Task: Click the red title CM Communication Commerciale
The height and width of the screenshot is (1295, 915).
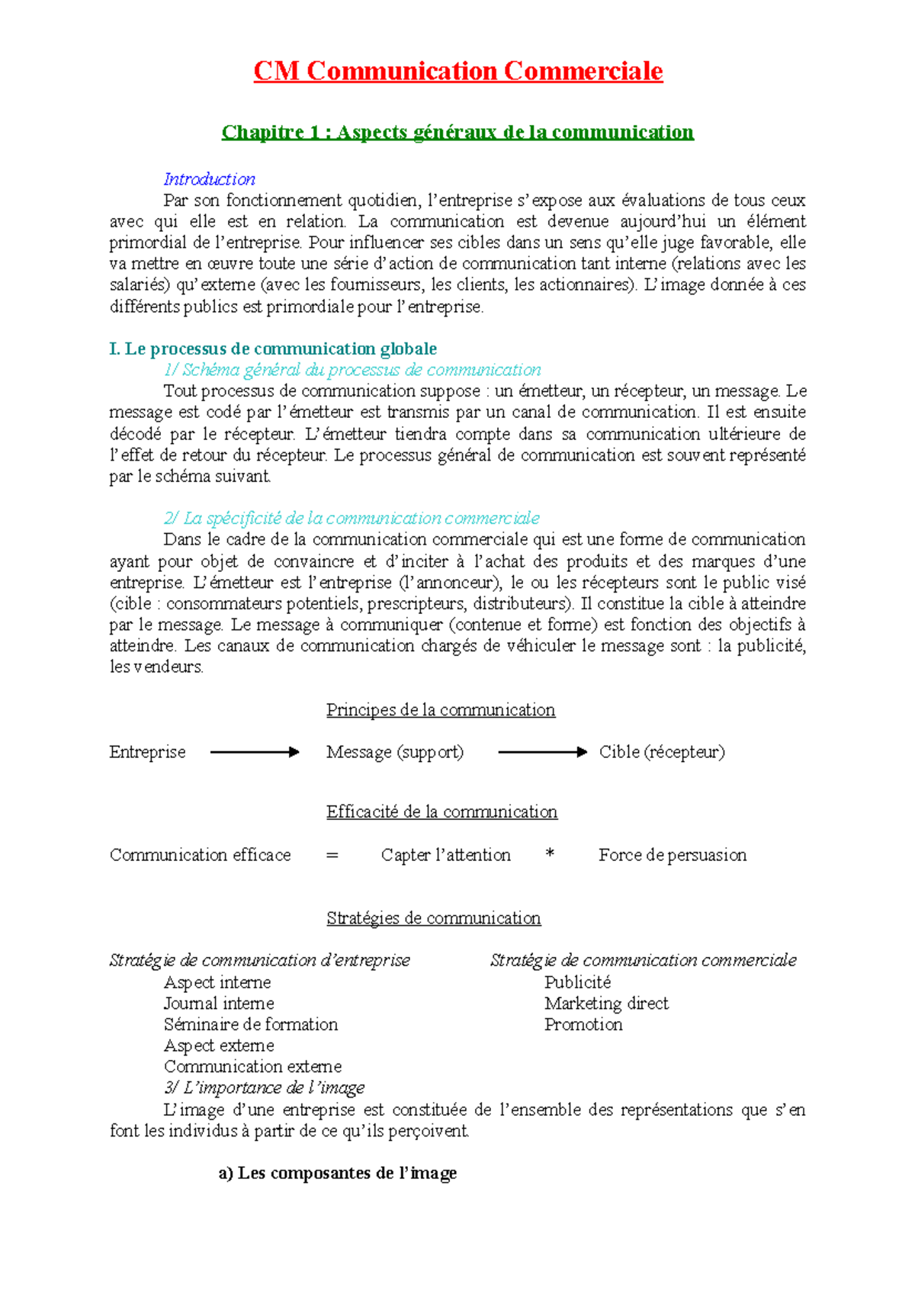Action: pyautogui.click(x=457, y=71)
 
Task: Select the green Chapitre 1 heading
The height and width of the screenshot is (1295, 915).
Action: pyautogui.click(x=457, y=132)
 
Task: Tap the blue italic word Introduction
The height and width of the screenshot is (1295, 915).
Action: pyautogui.click(x=210, y=179)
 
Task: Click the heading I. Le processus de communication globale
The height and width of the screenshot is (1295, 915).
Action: pyautogui.click(x=273, y=349)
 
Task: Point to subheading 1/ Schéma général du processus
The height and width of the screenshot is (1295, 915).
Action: pyautogui.click(x=352, y=370)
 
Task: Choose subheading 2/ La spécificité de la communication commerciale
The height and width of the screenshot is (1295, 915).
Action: pyautogui.click(x=352, y=518)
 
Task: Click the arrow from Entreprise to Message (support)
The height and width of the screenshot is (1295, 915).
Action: pyautogui.click(x=255, y=752)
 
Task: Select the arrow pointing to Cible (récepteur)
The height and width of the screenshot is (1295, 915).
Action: pyautogui.click(x=542, y=752)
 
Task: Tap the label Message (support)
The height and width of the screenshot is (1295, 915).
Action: pyautogui.click(x=395, y=752)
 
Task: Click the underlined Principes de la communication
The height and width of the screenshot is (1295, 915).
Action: pyautogui.click(x=441, y=710)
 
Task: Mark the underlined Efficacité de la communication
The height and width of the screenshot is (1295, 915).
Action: pyautogui.click(x=441, y=811)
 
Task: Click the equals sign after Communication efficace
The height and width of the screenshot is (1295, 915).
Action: pyautogui.click(x=332, y=856)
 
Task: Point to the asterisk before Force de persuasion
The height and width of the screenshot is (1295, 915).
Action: pyautogui.click(x=550, y=855)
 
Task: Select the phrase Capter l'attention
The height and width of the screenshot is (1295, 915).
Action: pyautogui.click(x=446, y=855)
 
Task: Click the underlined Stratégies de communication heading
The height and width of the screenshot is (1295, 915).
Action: pyautogui.click(x=433, y=918)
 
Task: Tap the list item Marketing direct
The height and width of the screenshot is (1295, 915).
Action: pyautogui.click(x=606, y=1004)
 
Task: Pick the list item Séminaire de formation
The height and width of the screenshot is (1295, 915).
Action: pyautogui.click(x=251, y=1024)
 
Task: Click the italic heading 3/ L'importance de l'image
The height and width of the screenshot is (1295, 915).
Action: pyautogui.click(x=265, y=1088)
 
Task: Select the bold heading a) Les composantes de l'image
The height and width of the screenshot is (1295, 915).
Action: pyautogui.click(x=338, y=1173)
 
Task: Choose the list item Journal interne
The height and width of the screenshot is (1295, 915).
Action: pyautogui.click(x=219, y=1004)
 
